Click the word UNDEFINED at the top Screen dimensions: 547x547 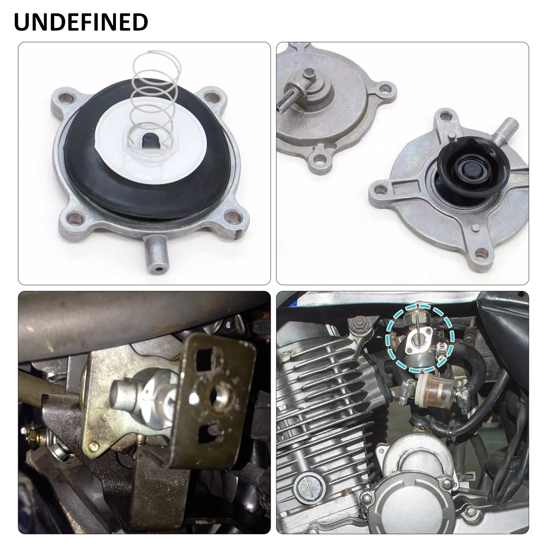tap(81, 22)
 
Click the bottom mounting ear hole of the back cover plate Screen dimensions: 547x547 tap(320, 159)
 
